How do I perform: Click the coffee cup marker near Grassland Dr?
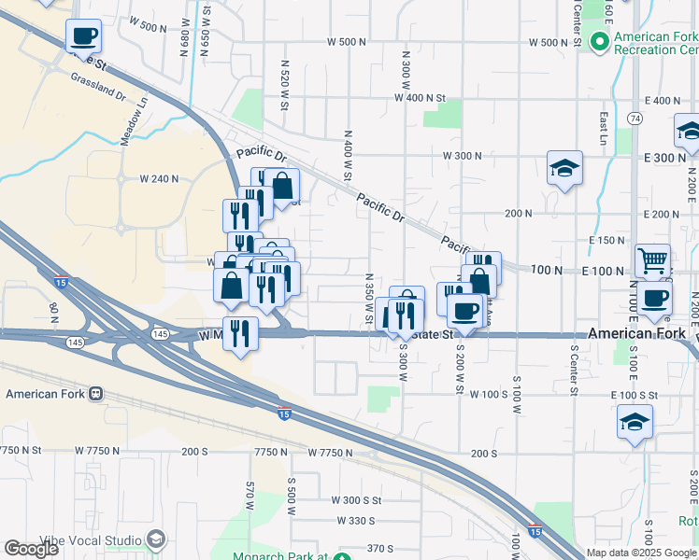pyautogui.click(x=83, y=35)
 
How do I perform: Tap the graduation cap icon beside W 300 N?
pyautogui.click(x=564, y=168)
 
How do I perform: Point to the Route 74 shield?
pyautogui.click(x=635, y=119)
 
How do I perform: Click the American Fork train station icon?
pyautogui.click(x=96, y=394)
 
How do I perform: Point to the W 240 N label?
pyautogui.click(x=159, y=178)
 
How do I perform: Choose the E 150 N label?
pyautogui.click(x=606, y=240)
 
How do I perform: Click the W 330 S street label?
pyautogui.click(x=355, y=520)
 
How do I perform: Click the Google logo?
pyautogui.click(x=32, y=549)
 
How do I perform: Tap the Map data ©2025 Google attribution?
pyautogui.click(x=642, y=553)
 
